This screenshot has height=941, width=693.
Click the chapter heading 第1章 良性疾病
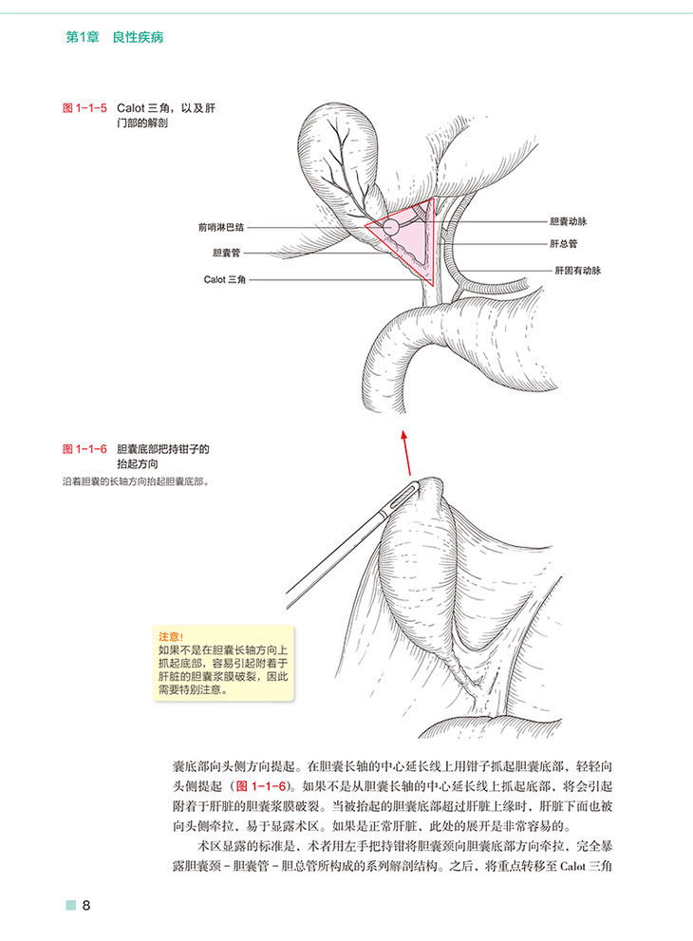point(114,37)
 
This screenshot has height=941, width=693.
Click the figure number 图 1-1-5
point(84,108)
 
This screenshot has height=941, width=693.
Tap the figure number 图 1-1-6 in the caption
point(84,449)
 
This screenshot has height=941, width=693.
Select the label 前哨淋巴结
point(221,228)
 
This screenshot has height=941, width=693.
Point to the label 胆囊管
point(226,254)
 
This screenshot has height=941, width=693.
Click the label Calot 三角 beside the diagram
point(224,280)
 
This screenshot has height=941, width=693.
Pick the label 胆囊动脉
point(569,221)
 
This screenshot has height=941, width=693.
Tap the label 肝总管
point(563,244)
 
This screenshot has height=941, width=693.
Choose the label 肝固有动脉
point(577,271)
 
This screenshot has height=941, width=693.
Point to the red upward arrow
point(407,453)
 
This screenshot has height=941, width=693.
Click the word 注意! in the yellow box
point(171,637)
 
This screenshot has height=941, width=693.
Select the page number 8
point(86,905)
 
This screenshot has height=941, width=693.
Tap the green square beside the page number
point(71,905)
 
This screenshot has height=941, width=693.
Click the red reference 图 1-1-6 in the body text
point(261,786)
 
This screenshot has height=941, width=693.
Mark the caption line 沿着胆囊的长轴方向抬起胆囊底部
point(136,481)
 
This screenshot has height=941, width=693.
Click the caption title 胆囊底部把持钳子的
point(163,449)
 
